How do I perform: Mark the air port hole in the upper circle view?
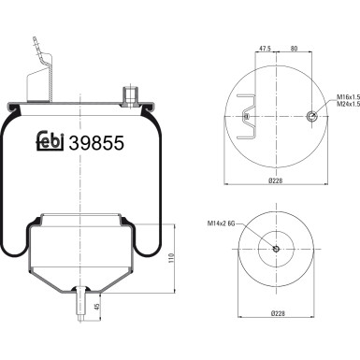[x=310, y=115]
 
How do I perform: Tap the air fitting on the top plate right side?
[x=128, y=93]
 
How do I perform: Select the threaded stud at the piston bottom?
[x=83, y=305]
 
